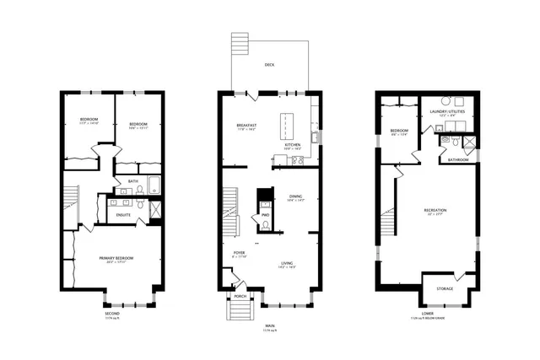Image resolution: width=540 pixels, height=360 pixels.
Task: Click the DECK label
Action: click(x=269, y=64)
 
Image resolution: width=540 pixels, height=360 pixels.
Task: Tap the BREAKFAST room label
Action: click(x=246, y=126)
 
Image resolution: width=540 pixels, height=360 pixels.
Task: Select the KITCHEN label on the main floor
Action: click(x=293, y=145)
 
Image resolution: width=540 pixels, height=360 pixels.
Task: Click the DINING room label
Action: click(x=295, y=196)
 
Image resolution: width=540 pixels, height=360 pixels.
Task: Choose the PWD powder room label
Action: click(x=264, y=215)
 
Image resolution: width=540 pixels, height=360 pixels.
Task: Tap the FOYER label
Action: click(x=240, y=252)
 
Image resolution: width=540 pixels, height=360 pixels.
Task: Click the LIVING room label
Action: click(x=287, y=263)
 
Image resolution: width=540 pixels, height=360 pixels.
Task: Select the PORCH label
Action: click(x=240, y=296)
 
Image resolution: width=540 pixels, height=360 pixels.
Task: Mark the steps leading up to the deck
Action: click(x=242, y=43)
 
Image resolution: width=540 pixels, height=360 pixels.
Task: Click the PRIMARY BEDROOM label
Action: click(x=119, y=258)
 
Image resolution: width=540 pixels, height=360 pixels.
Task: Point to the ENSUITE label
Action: click(x=112, y=214)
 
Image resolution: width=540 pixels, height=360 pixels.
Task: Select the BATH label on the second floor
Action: click(x=133, y=180)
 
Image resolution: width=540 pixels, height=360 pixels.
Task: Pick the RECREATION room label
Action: click(x=435, y=210)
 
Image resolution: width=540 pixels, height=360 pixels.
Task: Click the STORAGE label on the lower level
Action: click(x=444, y=289)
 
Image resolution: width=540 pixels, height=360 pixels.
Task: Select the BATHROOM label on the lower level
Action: click(x=458, y=159)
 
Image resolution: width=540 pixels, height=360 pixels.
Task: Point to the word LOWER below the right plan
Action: click(x=427, y=313)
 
